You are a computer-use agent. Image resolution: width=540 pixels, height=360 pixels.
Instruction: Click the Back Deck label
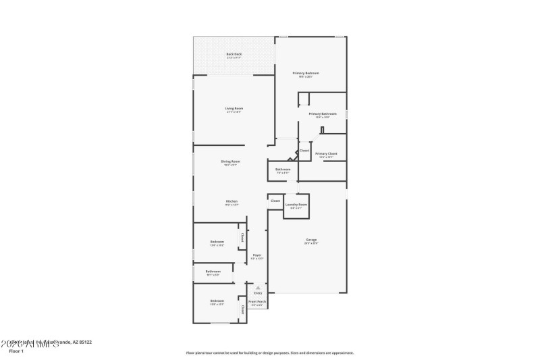(x=234, y=54)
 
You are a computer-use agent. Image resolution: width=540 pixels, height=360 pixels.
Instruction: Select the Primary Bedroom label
(x=305, y=73)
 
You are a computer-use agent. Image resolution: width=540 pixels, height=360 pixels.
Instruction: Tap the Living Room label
(x=234, y=109)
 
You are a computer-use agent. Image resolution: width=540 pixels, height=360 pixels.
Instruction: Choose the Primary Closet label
(x=326, y=153)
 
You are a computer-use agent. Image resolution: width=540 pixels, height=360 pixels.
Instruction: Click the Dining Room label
(x=230, y=161)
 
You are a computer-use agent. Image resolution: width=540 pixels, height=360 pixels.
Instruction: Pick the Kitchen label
(x=232, y=201)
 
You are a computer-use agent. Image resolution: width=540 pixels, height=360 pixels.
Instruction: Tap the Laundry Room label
(x=296, y=204)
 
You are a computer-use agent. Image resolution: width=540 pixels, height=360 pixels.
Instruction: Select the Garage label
(x=311, y=240)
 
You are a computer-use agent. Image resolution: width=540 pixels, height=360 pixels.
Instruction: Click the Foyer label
(x=256, y=255)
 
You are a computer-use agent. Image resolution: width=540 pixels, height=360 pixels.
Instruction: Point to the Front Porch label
(x=257, y=301)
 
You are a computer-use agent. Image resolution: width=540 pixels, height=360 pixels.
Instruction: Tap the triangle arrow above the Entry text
(x=258, y=287)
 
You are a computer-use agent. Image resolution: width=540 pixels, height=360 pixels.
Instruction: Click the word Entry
(x=258, y=293)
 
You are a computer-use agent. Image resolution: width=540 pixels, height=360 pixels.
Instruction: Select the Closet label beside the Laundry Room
(x=275, y=201)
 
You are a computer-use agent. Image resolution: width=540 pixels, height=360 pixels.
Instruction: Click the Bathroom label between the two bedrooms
(x=213, y=272)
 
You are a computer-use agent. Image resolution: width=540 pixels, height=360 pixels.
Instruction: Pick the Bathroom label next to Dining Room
(x=283, y=169)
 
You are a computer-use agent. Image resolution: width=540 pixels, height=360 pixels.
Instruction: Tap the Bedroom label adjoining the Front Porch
(x=217, y=301)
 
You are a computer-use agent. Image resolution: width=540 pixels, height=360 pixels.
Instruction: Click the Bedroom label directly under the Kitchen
(x=217, y=242)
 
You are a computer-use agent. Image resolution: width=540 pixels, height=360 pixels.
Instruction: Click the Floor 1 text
(x=16, y=351)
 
